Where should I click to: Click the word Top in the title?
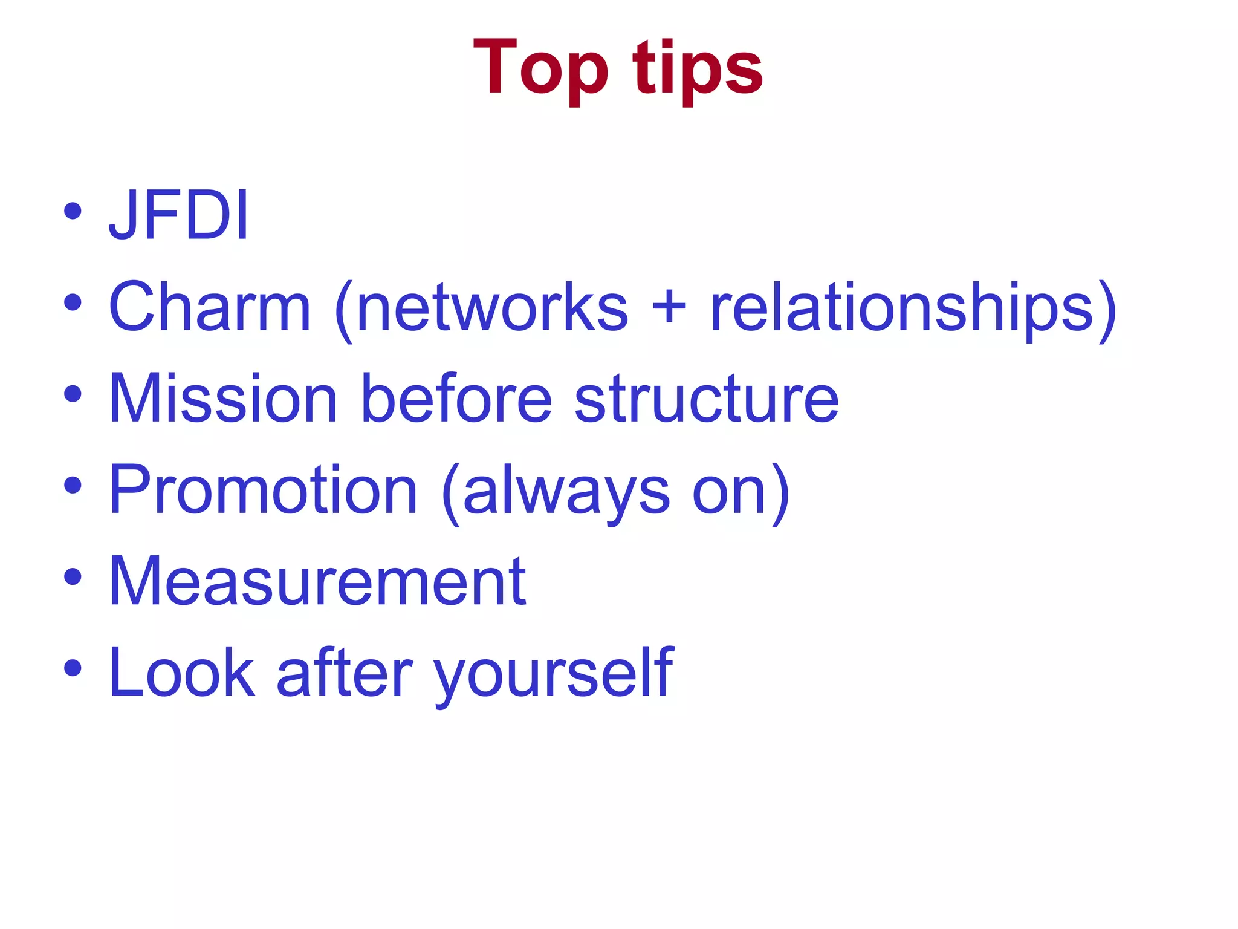click(540, 68)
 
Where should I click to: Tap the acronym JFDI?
click(179, 215)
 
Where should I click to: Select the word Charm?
click(209, 307)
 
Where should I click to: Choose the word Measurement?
click(317, 581)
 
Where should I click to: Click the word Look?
click(181, 672)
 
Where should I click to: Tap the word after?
click(344, 672)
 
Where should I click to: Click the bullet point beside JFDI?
click(73, 212)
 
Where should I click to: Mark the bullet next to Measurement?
click(73, 576)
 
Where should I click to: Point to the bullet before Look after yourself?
click(73, 668)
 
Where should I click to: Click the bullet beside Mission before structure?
click(73, 394)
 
